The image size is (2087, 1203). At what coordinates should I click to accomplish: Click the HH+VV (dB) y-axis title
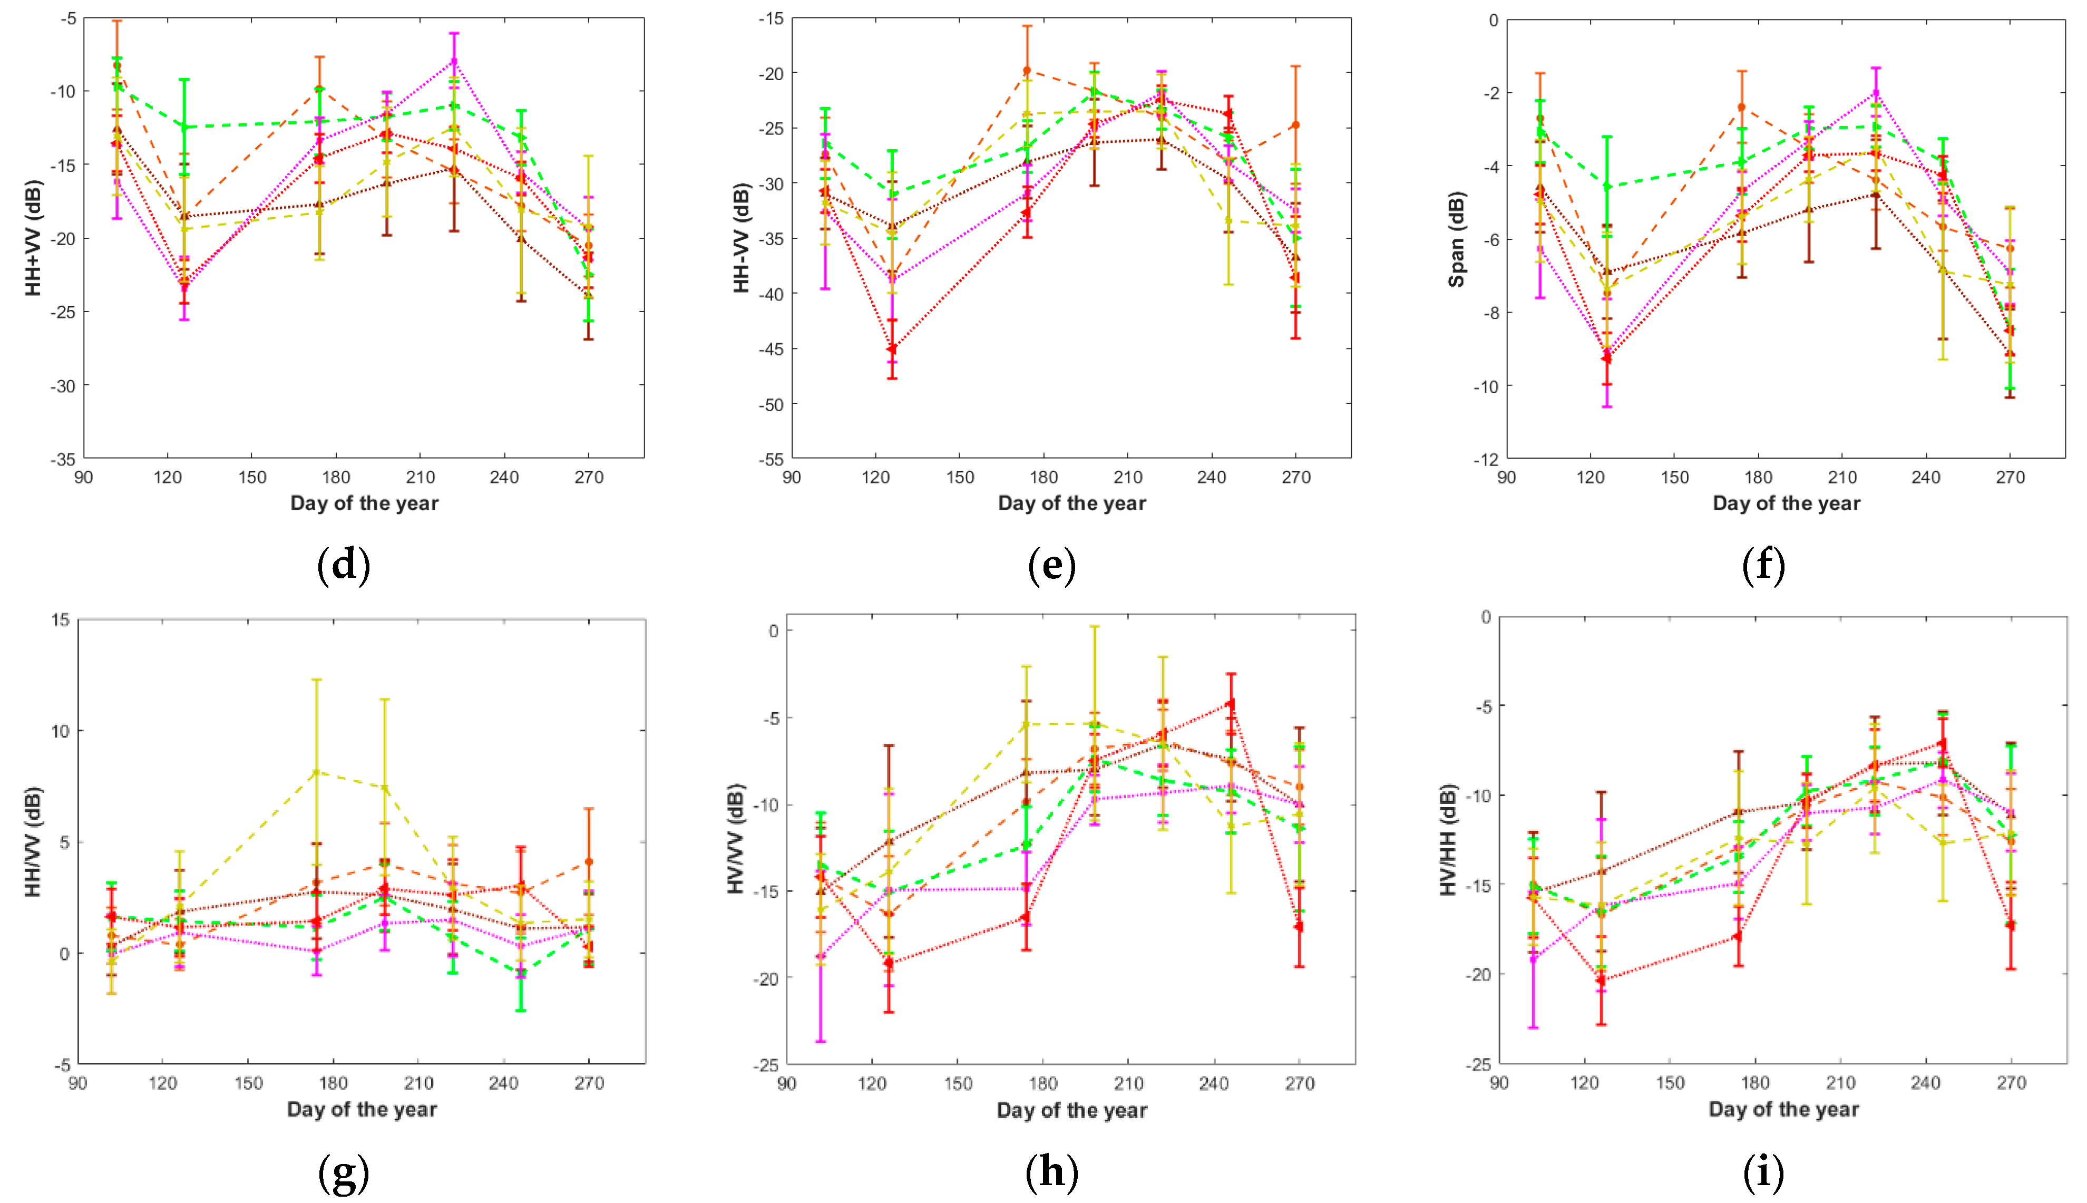pyautogui.click(x=33, y=237)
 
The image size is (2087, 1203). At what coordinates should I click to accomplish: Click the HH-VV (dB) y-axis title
pyautogui.click(x=741, y=237)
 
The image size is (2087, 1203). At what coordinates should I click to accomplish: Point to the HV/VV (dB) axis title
pyautogui.click(x=735, y=839)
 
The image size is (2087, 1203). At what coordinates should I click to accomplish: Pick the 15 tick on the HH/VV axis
pyautogui.click(x=60, y=619)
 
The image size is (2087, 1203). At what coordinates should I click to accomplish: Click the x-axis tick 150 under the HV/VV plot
pyautogui.click(x=958, y=1083)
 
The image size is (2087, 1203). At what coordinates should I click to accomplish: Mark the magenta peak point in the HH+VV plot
pyautogui.click(x=453, y=61)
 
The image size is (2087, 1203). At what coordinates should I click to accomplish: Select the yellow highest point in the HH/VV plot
pyautogui.click(x=316, y=772)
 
